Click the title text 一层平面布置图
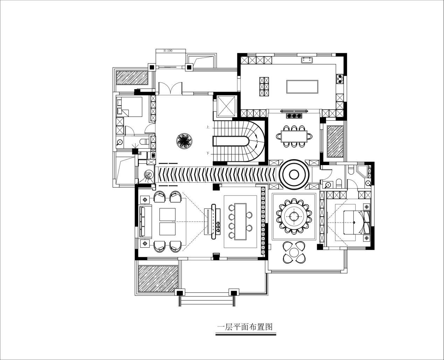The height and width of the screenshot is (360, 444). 245,327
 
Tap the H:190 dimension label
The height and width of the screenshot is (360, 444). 168,51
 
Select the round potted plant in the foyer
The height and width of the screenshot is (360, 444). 184,141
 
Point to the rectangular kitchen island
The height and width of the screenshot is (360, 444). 302,87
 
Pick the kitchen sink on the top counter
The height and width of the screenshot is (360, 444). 307,60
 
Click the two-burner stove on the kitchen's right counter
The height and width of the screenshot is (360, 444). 339,79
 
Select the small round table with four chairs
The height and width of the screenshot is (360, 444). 294,252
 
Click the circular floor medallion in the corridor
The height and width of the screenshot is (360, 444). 294,175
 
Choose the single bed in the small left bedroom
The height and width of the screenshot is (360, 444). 129,107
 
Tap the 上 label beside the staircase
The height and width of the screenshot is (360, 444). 208,127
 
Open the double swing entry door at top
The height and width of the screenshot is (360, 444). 171,88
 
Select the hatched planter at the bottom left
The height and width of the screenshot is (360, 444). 158,279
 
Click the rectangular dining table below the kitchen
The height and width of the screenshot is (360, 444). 294,136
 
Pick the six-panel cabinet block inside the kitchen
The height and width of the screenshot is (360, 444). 264,86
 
